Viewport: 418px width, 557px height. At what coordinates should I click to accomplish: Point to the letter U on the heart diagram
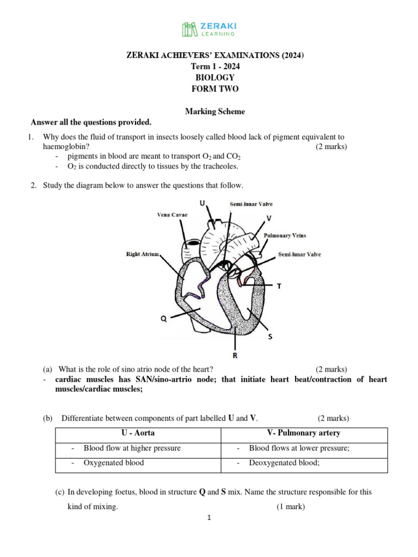202,203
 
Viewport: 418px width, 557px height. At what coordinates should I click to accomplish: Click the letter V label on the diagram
269,218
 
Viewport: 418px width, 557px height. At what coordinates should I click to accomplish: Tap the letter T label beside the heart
280,285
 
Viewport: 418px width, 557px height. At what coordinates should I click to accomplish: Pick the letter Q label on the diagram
163,319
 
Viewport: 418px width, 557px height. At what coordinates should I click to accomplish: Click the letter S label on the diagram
269,337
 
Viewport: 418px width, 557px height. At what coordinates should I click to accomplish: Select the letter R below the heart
235,356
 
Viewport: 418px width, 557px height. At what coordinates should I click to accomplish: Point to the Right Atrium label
142,254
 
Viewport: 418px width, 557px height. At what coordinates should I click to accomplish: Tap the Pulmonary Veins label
285,236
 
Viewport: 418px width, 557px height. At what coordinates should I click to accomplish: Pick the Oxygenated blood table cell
114,463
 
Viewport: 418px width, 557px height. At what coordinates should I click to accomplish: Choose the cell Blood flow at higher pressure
132,448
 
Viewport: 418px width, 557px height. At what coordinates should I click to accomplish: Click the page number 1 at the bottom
209,518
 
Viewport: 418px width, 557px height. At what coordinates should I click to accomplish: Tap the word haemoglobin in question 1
66,147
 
